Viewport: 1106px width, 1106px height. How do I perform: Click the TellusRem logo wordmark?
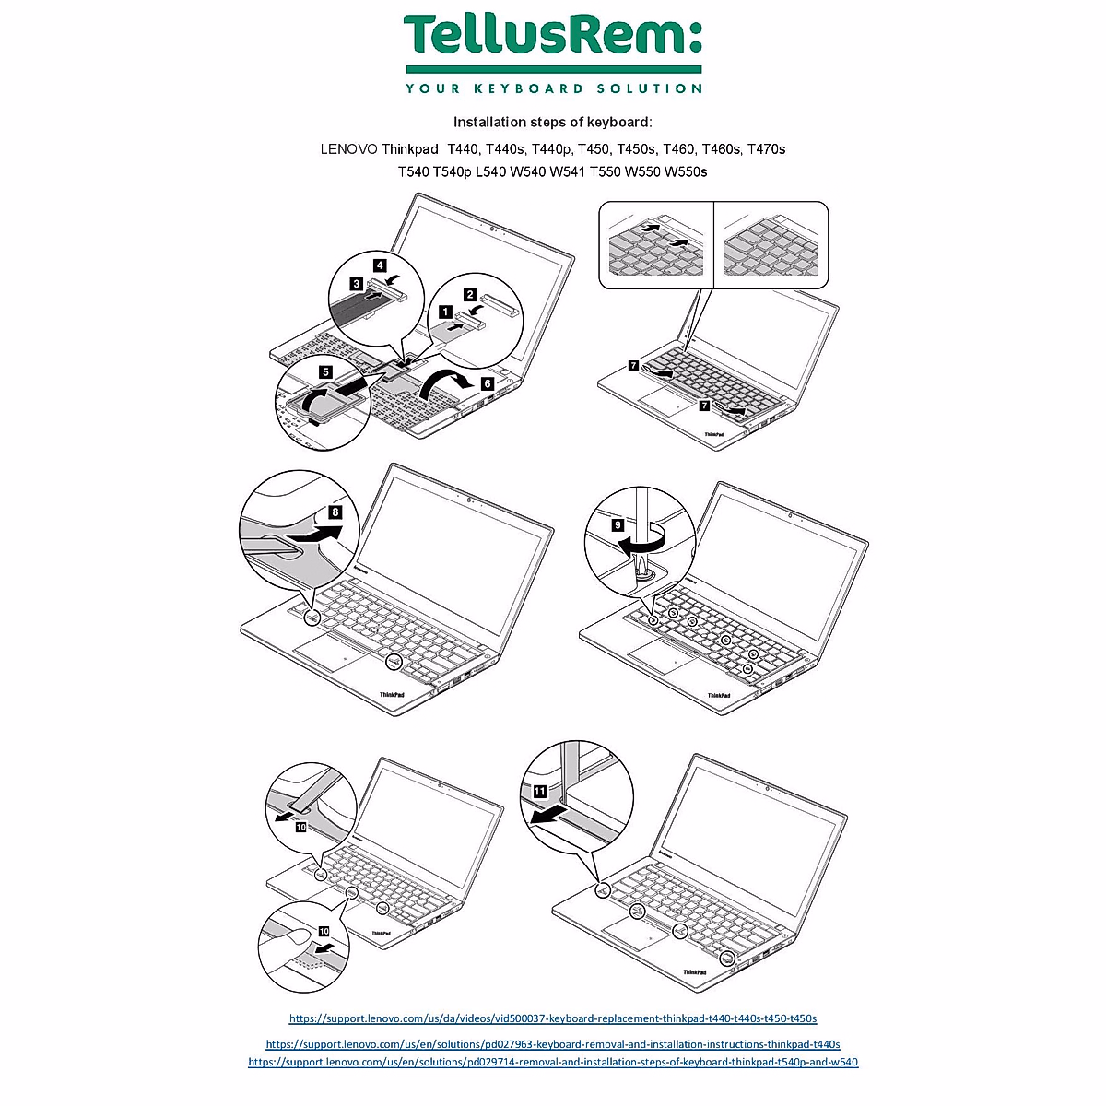pos(553,37)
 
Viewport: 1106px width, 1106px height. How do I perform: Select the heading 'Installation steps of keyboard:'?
pos(552,122)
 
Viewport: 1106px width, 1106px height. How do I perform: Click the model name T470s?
pos(766,148)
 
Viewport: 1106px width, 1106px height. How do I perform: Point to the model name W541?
pos(569,171)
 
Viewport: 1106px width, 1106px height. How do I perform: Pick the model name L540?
pos(492,171)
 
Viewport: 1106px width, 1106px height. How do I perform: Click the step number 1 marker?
pos(445,312)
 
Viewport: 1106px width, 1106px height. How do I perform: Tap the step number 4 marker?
pos(380,265)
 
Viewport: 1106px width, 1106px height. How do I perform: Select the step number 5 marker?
pos(325,371)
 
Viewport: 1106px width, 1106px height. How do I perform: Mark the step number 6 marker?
pos(487,382)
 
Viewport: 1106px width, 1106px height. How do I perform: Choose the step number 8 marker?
pos(335,512)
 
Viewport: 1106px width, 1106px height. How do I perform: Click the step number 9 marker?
pos(618,524)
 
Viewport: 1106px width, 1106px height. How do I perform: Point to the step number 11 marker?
pos(540,791)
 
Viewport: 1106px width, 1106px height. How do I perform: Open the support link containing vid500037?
pos(553,1018)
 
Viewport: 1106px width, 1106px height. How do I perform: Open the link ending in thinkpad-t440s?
pos(553,1044)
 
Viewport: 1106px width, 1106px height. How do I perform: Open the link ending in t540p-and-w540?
pos(553,1062)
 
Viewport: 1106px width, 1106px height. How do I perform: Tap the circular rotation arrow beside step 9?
pos(641,542)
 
